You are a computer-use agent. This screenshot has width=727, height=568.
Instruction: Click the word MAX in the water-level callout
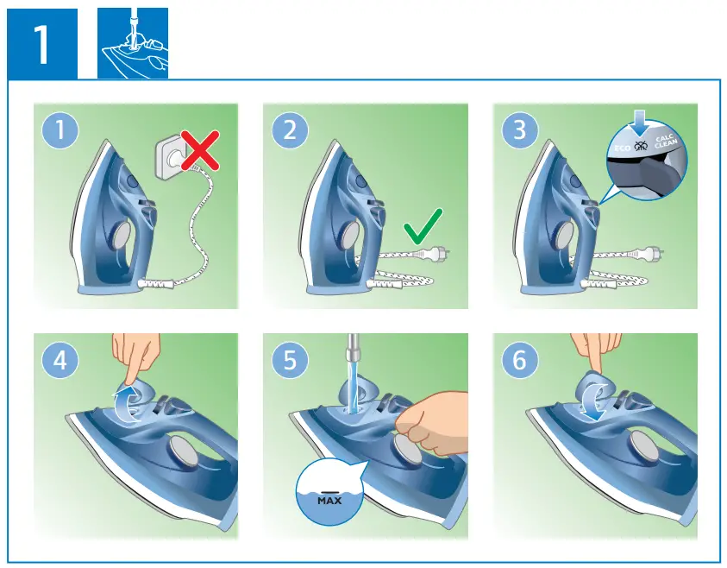tap(329, 500)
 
